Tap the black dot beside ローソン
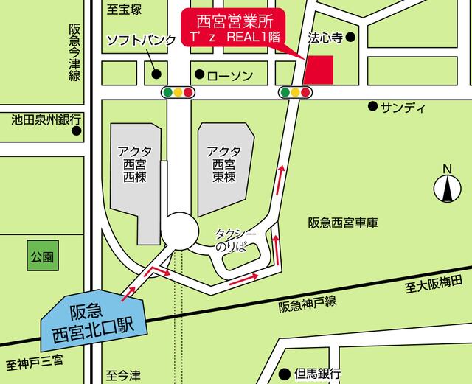[199, 74]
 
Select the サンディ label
[403, 108]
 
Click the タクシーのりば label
[235, 240]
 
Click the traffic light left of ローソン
[178, 92]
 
